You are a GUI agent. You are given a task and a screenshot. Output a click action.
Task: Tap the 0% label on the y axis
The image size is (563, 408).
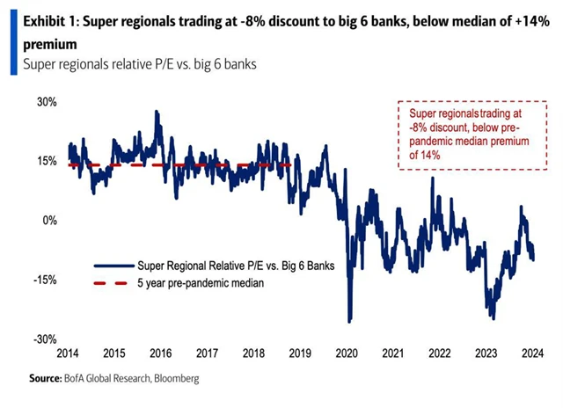[49, 220]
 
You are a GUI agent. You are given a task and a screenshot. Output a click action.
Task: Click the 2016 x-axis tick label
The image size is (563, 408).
[160, 353]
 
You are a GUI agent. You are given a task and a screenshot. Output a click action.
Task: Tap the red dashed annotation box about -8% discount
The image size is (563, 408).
[463, 134]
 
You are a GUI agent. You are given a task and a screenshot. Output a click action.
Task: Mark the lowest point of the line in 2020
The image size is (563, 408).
[349, 321]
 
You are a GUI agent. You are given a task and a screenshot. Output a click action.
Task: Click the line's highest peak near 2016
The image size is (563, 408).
[157, 112]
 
